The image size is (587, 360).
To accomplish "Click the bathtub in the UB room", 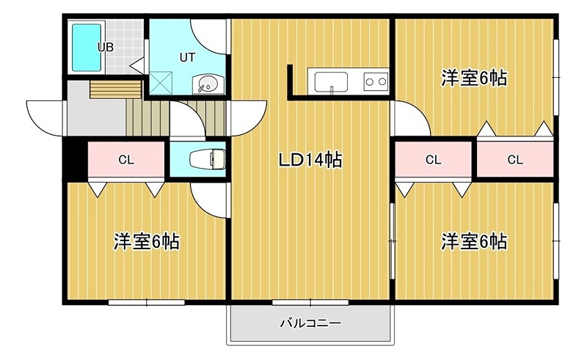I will tap(85, 47).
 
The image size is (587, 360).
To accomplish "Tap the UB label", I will tap(106, 47).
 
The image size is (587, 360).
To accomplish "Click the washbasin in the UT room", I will tap(205, 84).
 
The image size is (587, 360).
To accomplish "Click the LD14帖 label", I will tap(309, 160).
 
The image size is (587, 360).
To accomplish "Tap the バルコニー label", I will tap(310, 323).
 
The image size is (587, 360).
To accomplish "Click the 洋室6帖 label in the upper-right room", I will tap(474, 78).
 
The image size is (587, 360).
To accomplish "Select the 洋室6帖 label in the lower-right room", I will tap(474, 240).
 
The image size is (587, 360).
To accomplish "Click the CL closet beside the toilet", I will tap(125, 159).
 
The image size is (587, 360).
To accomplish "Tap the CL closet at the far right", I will tap(515, 159).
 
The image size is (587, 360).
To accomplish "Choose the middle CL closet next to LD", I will tap(433, 159).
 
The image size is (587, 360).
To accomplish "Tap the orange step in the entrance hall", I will tap(115, 89).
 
